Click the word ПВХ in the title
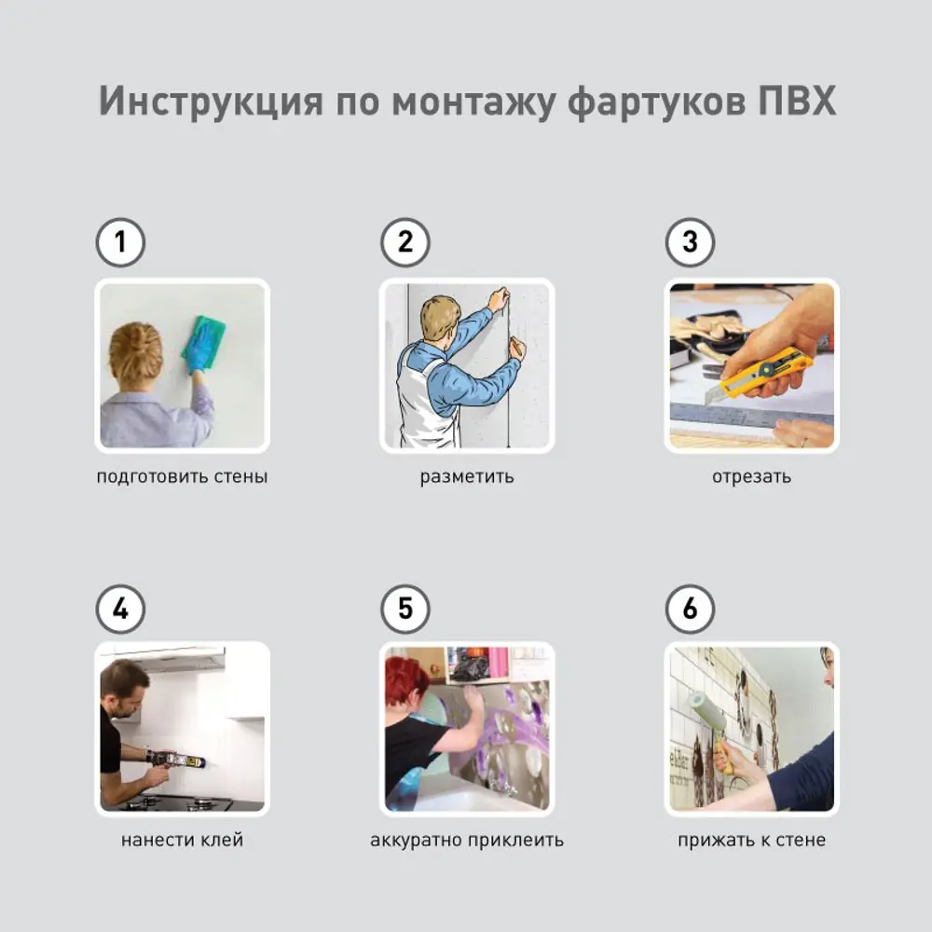[797, 101]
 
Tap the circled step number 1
[120, 242]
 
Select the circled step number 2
[405, 242]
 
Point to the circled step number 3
[690, 242]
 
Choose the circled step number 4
[120, 610]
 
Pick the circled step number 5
[405, 610]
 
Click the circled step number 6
[690, 610]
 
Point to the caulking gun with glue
[175, 759]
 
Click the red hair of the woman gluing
[405, 680]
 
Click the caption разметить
[467, 476]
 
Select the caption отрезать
[751, 476]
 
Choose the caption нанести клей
[182, 840]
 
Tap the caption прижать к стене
[751, 841]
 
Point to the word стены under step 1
[240, 476]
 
